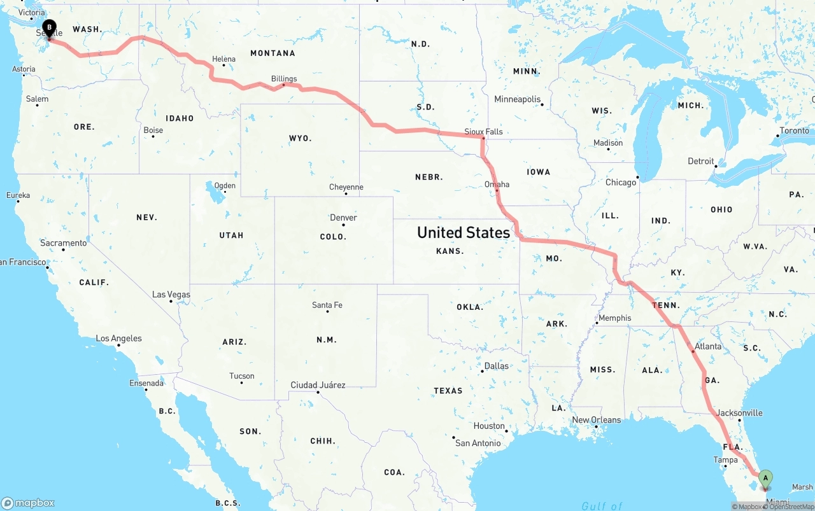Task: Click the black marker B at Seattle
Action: click(49, 28)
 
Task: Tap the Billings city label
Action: click(284, 79)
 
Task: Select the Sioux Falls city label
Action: click(483, 132)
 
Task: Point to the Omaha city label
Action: click(497, 185)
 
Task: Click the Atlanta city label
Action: click(708, 346)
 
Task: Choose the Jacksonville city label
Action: click(739, 413)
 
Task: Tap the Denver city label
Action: click(343, 218)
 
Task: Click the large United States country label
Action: click(464, 233)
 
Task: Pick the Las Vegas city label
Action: click(171, 295)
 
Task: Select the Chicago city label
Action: click(621, 183)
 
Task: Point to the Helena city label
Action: click(223, 59)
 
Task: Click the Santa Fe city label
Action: click(327, 305)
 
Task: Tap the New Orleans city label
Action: click(597, 420)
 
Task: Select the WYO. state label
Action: click(300, 138)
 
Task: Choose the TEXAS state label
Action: click(448, 390)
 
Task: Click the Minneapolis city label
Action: click(517, 99)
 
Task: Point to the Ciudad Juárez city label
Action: click(318, 385)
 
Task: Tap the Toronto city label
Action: click(794, 130)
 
